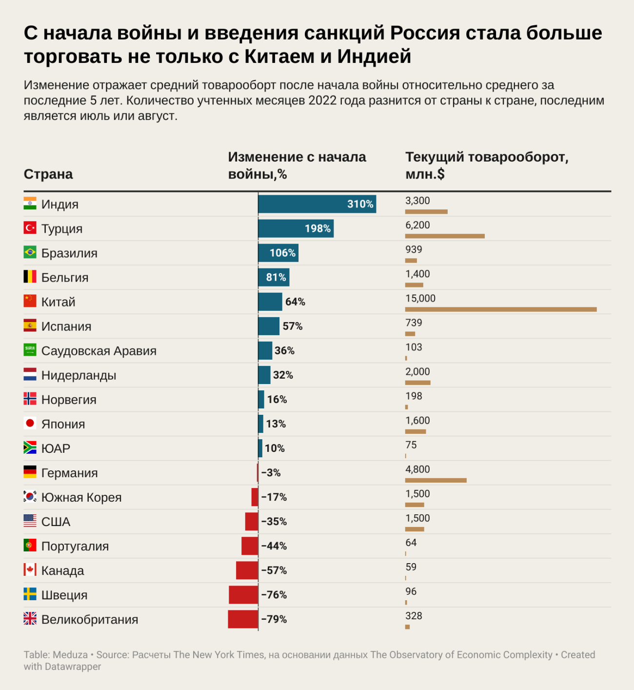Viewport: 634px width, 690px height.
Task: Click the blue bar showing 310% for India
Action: (x=317, y=204)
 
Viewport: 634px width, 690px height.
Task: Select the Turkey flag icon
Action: (x=30, y=228)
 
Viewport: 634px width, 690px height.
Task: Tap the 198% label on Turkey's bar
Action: (x=317, y=228)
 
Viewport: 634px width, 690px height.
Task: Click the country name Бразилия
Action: (x=69, y=253)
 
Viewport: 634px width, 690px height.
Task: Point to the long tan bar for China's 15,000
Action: (x=501, y=309)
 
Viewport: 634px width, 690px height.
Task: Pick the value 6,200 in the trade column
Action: (x=417, y=225)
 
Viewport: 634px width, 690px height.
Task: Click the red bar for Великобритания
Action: (x=243, y=619)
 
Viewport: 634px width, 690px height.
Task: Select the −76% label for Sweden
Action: (x=274, y=595)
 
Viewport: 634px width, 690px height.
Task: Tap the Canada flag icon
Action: (x=30, y=569)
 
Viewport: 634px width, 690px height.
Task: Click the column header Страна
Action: (x=48, y=174)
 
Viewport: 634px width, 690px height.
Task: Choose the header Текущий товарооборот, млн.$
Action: (x=487, y=165)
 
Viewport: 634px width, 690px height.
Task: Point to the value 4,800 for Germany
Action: (x=417, y=469)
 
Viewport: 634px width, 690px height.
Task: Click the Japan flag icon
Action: (x=30, y=423)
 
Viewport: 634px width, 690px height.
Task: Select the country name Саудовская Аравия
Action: (x=99, y=351)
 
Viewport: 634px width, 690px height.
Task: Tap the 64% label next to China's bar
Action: (x=295, y=302)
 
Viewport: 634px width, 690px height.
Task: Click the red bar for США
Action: (x=252, y=522)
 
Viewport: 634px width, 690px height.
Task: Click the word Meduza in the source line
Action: (x=70, y=655)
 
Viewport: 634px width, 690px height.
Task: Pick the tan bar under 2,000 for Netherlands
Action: (x=417, y=383)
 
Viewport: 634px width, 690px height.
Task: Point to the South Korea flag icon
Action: (x=30, y=496)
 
